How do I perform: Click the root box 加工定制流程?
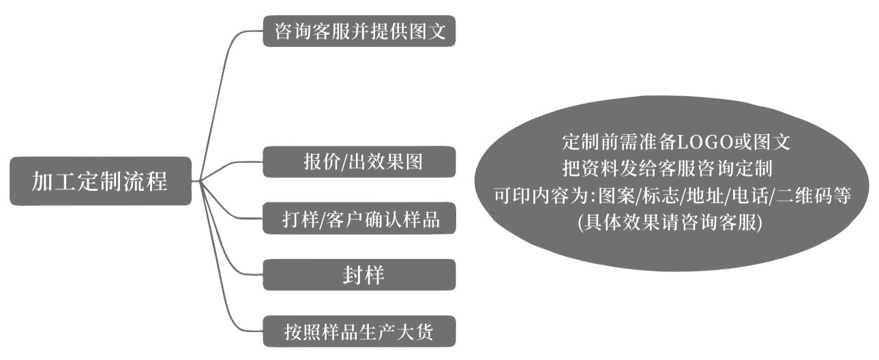(x=100, y=181)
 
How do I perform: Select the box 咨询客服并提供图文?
(x=359, y=31)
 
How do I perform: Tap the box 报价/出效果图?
(x=359, y=162)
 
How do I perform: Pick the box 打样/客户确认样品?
(x=359, y=220)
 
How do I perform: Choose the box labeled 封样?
(x=359, y=275)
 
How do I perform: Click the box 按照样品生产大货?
(x=359, y=332)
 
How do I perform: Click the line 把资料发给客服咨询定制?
(x=667, y=168)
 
